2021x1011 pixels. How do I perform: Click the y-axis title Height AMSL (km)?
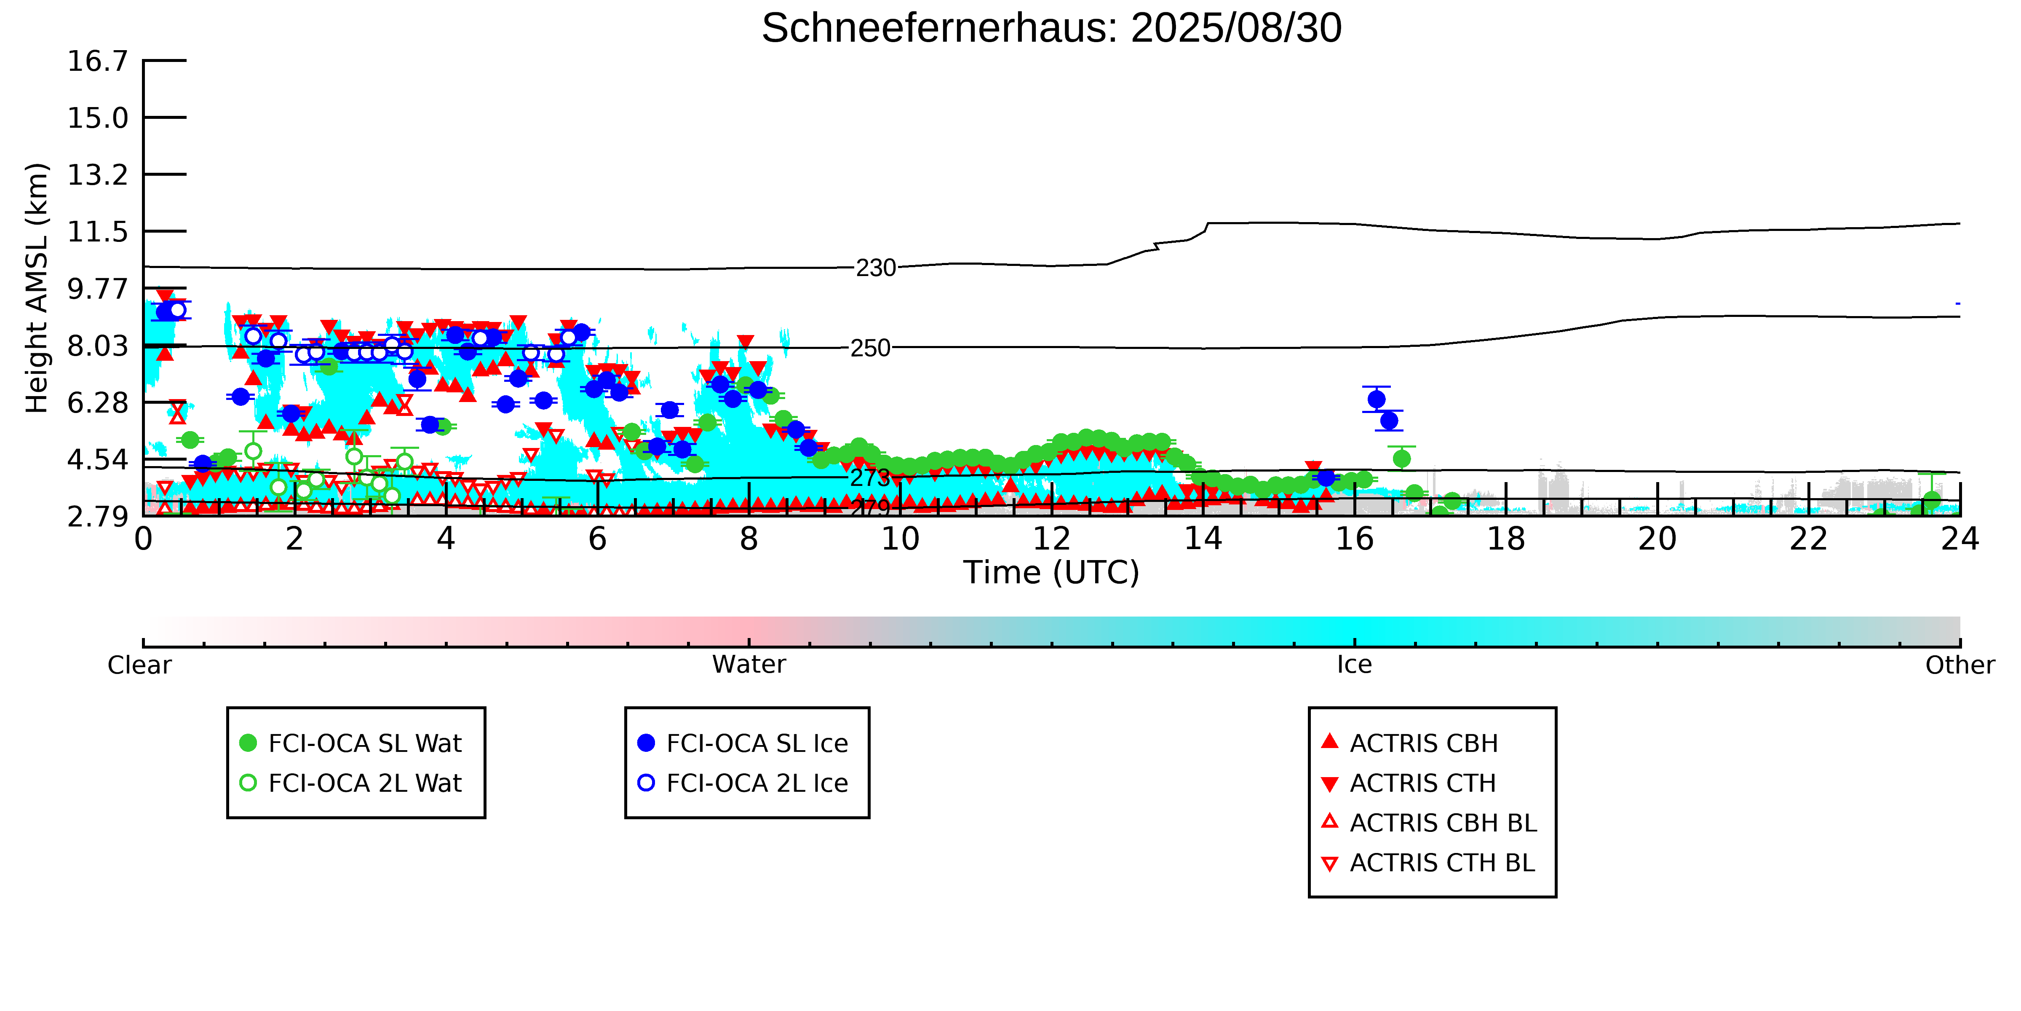point(37,288)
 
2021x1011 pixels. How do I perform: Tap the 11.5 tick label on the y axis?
point(97,231)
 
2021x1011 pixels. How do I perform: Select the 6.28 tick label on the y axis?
point(97,403)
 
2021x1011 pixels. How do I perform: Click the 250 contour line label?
point(870,348)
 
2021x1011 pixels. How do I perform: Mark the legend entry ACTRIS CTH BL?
point(1442,863)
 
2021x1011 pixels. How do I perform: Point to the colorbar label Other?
point(1959,665)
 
